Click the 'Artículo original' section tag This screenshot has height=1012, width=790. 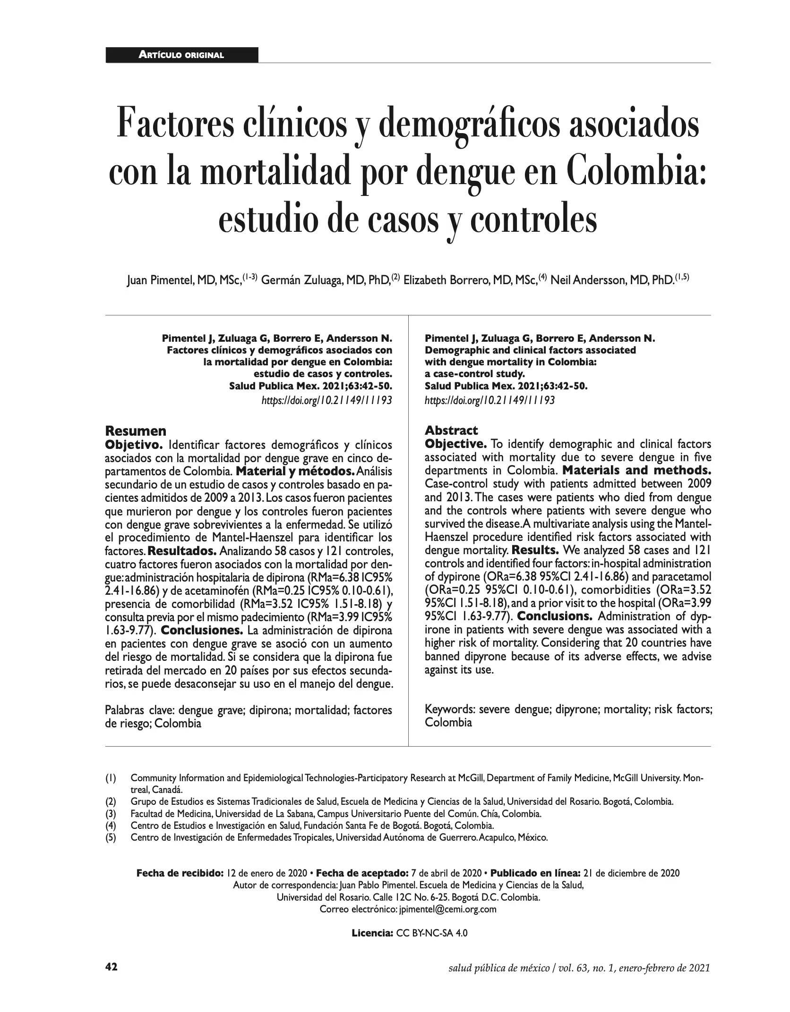click(x=181, y=55)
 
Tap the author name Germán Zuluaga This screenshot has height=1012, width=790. click(x=302, y=280)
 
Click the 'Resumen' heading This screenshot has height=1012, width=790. click(x=136, y=430)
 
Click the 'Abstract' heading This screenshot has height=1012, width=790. click(x=451, y=430)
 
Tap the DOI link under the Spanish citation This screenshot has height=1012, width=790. click(x=326, y=400)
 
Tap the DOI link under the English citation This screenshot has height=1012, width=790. click(x=490, y=400)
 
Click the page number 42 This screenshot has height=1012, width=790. click(x=111, y=978)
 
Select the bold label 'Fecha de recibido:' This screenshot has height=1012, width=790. click(x=180, y=873)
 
